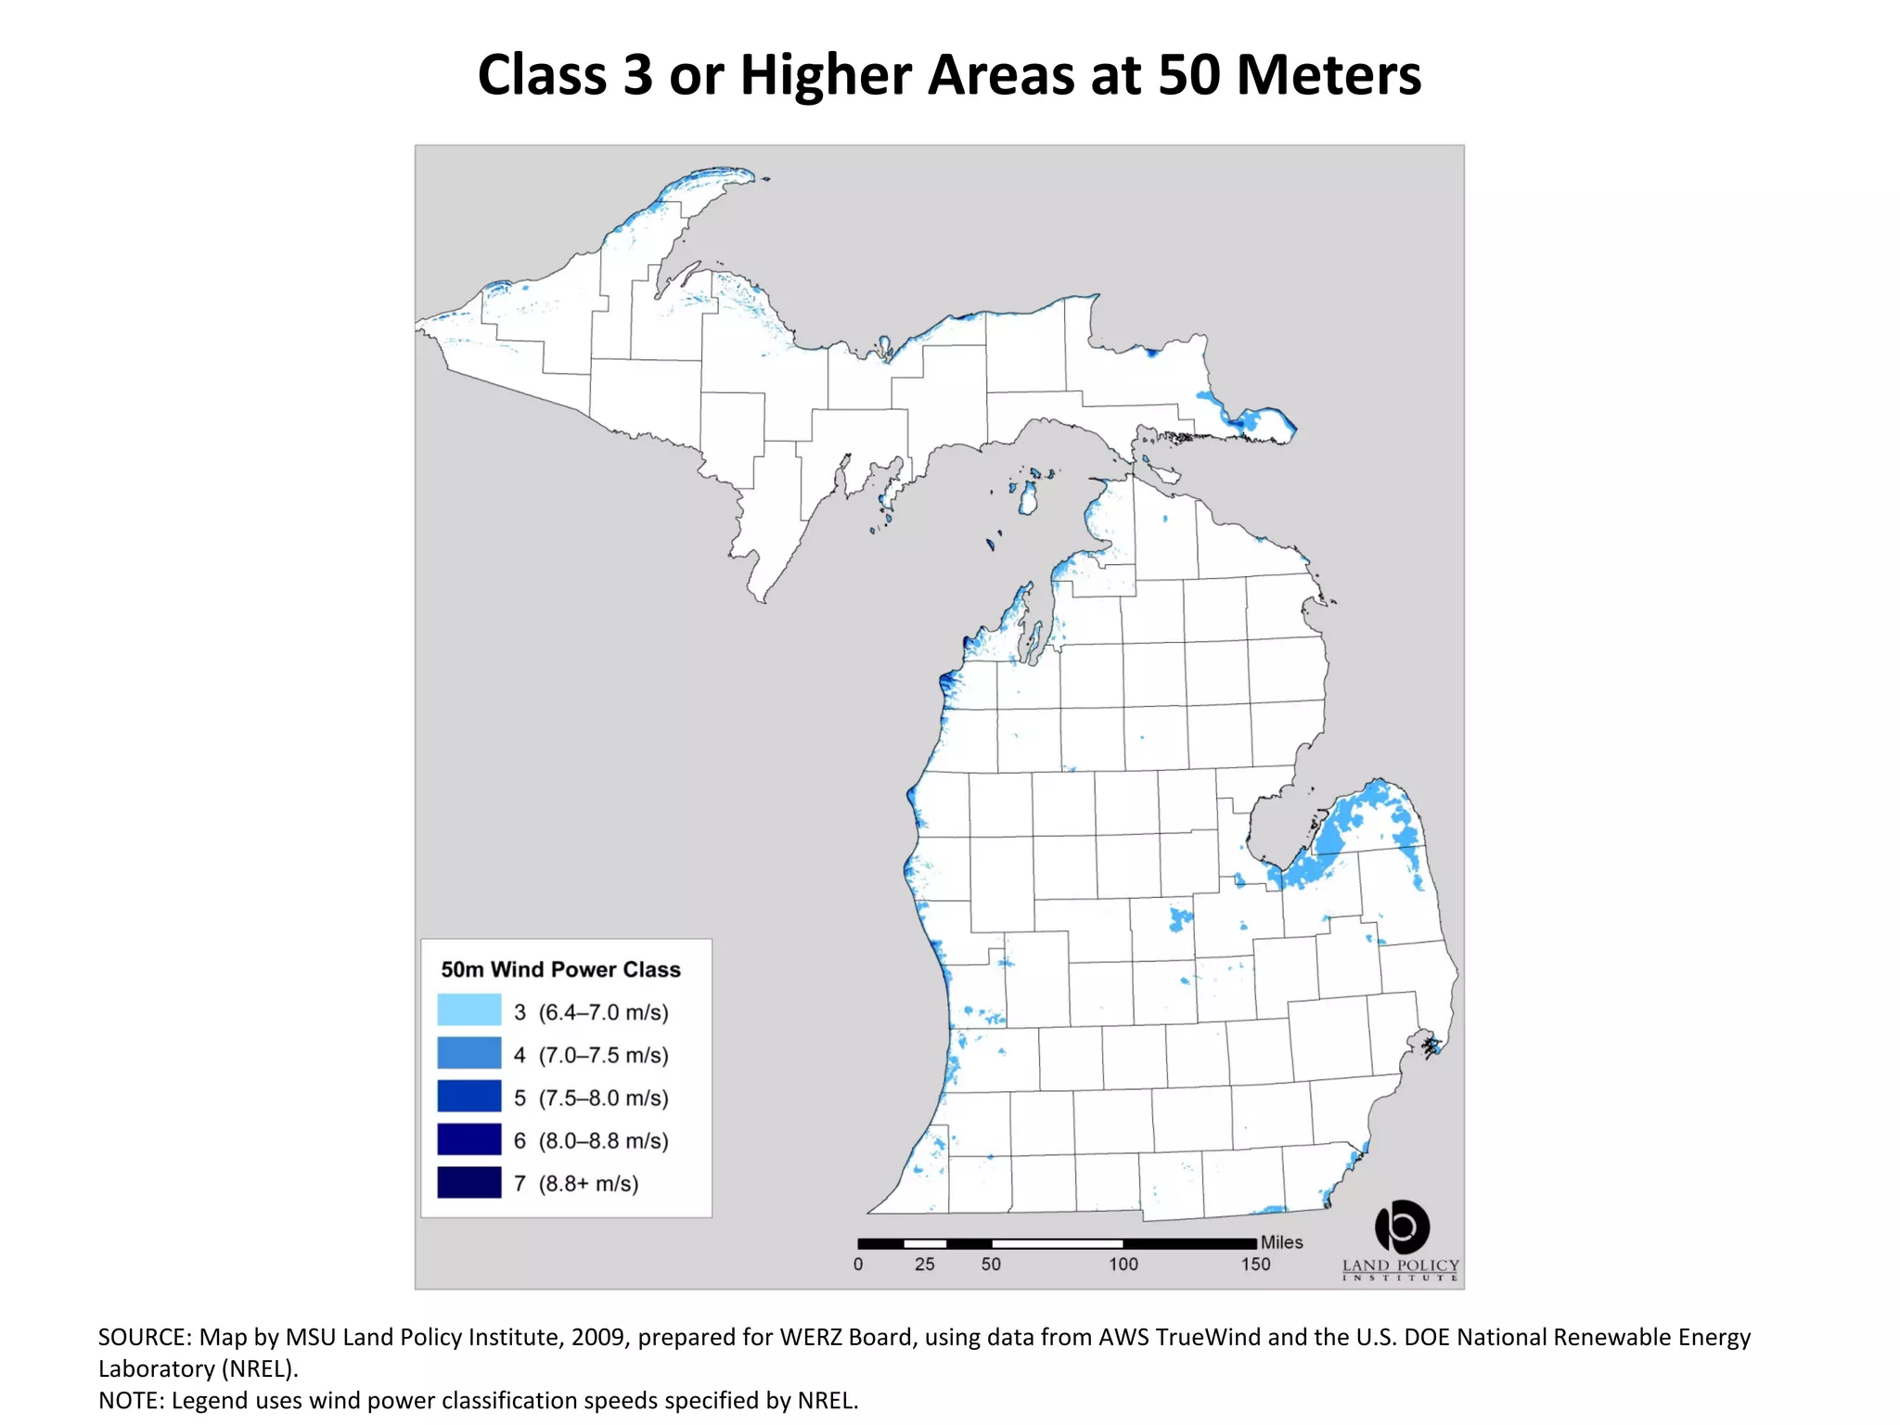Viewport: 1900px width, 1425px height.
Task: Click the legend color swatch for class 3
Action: pyautogui.click(x=469, y=1010)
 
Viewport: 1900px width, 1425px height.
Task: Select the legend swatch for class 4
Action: pyautogui.click(x=469, y=1054)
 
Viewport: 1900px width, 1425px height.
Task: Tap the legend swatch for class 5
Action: pyautogui.click(x=469, y=1097)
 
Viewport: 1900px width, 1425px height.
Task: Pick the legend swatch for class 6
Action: pyautogui.click(x=469, y=1139)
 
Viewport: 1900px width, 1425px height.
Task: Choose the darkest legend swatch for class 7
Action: pyautogui.click(x=469, y=1183)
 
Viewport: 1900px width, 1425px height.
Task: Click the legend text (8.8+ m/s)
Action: pyautogui.click(x=588, y=1184)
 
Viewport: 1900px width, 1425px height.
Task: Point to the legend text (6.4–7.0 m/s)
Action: pyautogui.click(x=603, y=1012)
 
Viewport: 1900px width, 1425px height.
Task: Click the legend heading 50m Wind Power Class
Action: pyautogui.click(x=560, y=969)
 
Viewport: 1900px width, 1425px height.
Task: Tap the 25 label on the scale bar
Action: pyautogui.click(x=925, y=1265)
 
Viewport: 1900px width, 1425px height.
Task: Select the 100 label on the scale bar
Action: pyautogui.click(x=1123, y=1265)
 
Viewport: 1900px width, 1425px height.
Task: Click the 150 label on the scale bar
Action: pyautogui.click(x=1256, y=1265)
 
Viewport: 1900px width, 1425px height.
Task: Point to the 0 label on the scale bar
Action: pyautogui.click(x=858, y=1265)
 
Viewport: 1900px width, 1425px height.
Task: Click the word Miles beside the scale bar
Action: pyautogui.click(x=1281, y=1242)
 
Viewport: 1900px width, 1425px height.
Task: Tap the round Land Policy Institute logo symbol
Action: pyautogui.click(x=1402, y=1226)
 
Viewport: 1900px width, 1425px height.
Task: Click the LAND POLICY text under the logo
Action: pyautogui.click(x=1401, y=1265)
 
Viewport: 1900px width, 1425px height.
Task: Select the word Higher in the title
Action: pyautogui.click(x=826, y=74)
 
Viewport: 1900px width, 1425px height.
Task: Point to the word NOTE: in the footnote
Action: pyautogui.click(x=131, y=1400)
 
